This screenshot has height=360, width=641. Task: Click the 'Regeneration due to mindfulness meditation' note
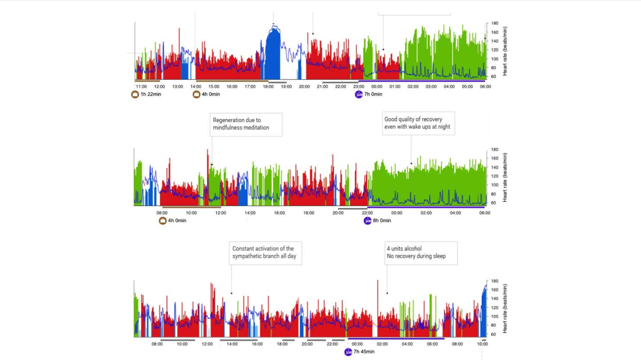pos(246,124)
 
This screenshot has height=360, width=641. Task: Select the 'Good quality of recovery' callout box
pos(418,123)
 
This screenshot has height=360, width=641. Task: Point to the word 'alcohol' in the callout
pos(410,248)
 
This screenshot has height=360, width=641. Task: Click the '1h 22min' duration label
pos(151,95)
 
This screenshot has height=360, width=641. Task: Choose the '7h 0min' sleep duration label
pos(373,95)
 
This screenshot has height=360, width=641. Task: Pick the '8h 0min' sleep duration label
pos(381,221)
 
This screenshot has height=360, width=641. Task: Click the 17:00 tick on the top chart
pos(250,87)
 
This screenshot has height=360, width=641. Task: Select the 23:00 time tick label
pos(358,87)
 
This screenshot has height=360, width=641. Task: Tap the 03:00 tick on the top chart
pos(431,87)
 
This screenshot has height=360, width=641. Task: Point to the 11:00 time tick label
pos(142,87)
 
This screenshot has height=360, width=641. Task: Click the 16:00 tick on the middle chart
pos(279,213)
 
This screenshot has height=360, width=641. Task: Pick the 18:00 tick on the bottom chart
pos(282,345)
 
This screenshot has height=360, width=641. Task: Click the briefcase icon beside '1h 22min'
pos(135,95)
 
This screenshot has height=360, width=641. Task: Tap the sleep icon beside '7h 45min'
pos(348,352)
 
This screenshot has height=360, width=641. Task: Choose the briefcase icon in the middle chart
pos(163,221)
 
